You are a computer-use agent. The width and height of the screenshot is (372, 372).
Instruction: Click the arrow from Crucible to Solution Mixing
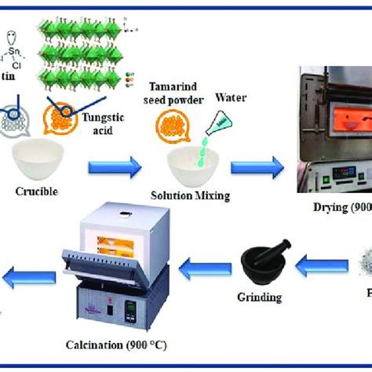pyautogui.click(x=113, y=166)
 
